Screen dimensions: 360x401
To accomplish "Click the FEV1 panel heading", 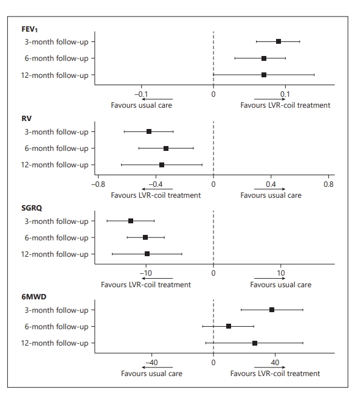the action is click(29, 29).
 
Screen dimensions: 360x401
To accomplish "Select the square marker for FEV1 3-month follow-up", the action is click(279, 41).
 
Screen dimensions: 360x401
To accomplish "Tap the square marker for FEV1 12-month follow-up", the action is click(264, 75).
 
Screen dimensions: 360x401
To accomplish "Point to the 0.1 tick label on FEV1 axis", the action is click(285, 94).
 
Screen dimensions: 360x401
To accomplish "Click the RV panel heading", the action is click(27, 119).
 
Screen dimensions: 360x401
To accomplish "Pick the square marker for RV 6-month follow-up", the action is click(166, 148).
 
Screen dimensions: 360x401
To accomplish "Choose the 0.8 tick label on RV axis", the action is click(328, 184).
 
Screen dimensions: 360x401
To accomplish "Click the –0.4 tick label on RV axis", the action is click(156, 184).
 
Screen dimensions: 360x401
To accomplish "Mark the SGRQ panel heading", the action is click(32, 208).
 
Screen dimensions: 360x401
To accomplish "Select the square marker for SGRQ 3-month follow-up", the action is click(131, 221).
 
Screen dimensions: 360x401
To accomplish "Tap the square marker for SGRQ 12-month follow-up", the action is click(147, 254).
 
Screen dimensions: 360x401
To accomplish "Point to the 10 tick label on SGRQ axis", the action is click(281, 273).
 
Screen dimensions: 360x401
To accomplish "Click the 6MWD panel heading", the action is click(34, 297).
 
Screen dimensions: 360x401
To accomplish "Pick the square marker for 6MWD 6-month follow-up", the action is click(229, 326).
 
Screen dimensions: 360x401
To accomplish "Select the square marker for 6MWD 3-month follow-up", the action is click(272, 310).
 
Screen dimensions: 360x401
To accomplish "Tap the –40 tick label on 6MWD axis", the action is click(151, 363).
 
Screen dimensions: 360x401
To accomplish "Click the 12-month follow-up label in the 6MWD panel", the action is click(55, 343).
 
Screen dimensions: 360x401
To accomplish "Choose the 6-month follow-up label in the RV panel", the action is click(57, 148).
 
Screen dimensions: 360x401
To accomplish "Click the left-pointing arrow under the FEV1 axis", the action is click(157, 99).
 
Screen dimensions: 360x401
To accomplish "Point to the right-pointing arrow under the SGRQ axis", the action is click(269, 278).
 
